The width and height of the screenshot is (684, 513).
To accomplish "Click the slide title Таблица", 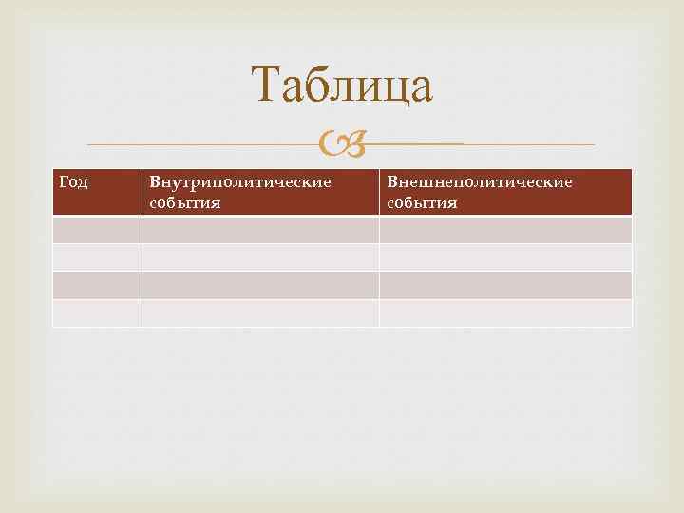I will [x=342, y=85].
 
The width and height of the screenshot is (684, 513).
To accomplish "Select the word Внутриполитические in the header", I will [x=239, y=181].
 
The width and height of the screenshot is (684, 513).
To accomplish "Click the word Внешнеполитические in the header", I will [x=480, y=181].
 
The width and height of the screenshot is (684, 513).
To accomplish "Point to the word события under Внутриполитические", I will [x=185, y=202].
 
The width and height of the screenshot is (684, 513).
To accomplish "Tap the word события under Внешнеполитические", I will [x=422, y=202].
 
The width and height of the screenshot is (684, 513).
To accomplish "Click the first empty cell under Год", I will [x=98, y=230].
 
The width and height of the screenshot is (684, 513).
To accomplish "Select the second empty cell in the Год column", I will [x=98, y=257].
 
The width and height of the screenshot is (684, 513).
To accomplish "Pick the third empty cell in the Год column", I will [x=98, y=285].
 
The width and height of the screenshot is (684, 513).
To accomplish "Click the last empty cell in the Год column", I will [x=98, y=313].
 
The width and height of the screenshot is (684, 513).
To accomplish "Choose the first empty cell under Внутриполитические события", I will [x=261, y=230].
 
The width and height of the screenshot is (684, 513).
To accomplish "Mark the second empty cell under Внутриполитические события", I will [x=261, y=257].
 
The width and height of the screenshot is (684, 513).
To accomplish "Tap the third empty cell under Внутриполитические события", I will [x=261, y=285].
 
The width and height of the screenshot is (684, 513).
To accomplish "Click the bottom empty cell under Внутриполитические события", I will [x=261, y=313].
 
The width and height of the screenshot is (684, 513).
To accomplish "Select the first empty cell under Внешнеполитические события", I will [x=505, y=230].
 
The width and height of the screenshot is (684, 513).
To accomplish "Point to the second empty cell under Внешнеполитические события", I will [x=505, y=257].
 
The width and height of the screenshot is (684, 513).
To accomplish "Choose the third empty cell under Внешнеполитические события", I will [x=505, y=285].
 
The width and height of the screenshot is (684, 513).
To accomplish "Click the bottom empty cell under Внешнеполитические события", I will [x=505, y=313].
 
